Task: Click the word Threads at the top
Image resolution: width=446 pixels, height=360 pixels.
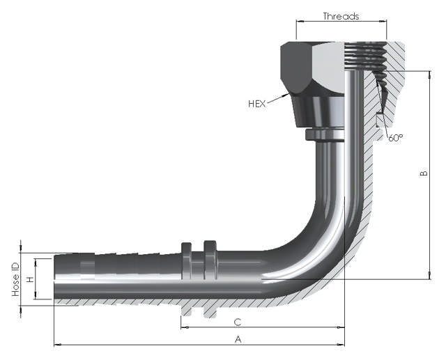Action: point(341,15)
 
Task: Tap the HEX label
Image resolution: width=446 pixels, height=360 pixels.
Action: point(257,104)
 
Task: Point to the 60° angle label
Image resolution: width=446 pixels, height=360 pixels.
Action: point(395,138)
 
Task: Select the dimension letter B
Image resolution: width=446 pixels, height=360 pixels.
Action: point(424,173)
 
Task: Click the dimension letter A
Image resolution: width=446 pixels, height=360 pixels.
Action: point(238,339)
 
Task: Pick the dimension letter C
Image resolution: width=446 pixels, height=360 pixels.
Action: point(238,322)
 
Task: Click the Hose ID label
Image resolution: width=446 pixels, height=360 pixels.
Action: point(15,279)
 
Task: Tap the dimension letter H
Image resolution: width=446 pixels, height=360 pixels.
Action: point(30,279)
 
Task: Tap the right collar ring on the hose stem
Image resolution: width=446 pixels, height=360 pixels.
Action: point(210,259)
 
